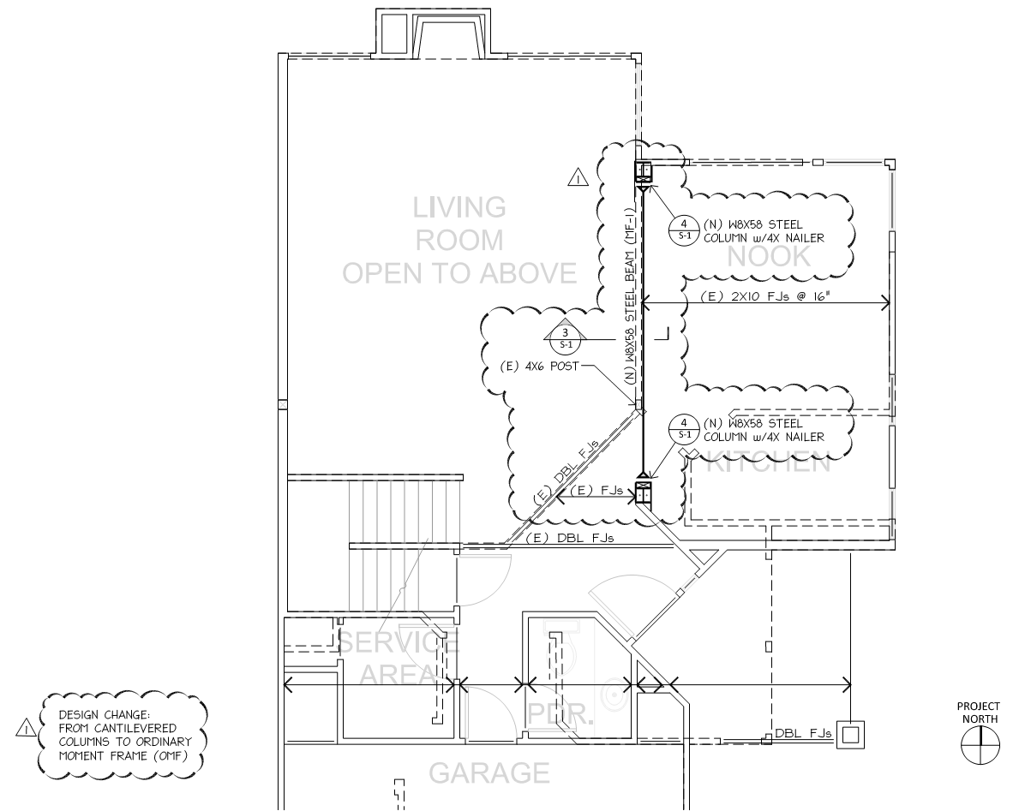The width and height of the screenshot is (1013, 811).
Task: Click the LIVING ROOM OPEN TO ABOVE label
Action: pyautogui.click(x=459, y=240)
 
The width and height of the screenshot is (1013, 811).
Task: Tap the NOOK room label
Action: pyautogui.click(x=769, y=257)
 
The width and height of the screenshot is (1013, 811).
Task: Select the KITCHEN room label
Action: pyautogui.click(x=768, y=463)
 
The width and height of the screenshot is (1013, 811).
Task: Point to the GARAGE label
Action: pyautogui.click(x=489, y=773)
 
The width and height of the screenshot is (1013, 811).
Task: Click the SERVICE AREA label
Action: pyautogui.click(x=399, y=659)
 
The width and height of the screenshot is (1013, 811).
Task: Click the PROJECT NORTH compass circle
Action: pyautogui.click(x=980, y=744)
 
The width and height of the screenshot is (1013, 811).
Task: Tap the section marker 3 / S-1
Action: pyautogui.click(x=566, y=337)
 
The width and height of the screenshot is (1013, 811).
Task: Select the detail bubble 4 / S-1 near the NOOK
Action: pyautogui.click(x=685, y=230)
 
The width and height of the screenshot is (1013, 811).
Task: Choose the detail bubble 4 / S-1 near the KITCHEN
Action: pyautogui.click(x=685, y=429)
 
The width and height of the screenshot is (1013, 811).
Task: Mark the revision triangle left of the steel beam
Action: pyautogui.click(x=578, y=177)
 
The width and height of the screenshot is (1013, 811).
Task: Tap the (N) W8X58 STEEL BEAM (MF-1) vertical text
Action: pyautogui.click(x=631, y=295)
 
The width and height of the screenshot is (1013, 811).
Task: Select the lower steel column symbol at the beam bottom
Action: pyautogui.click(x=643, y=492)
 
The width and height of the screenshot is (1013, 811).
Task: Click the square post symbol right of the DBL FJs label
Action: pyautogui.click(x=851, y=735)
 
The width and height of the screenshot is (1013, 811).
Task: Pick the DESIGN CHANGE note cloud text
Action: pyautogui.click(x=124, y=735)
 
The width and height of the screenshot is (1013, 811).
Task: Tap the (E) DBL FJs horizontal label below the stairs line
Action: pyautogui.click(x=569, y=537)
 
